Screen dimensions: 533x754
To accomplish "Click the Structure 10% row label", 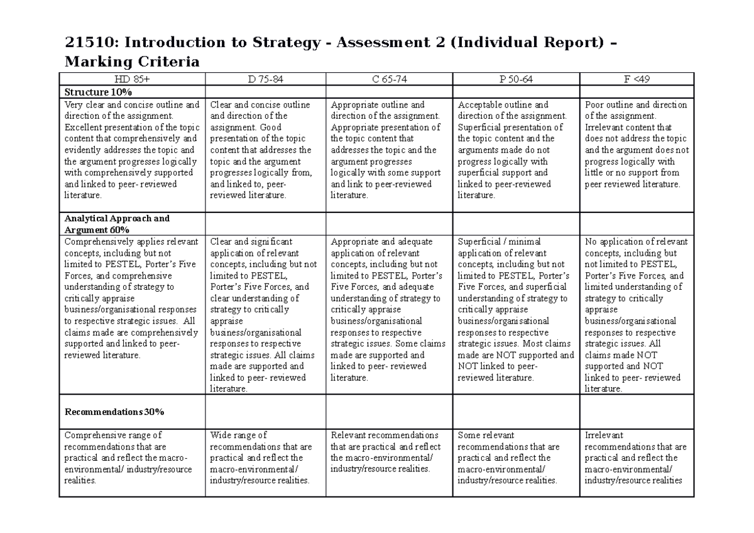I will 98,92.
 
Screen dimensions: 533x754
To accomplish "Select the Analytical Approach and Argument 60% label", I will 117,224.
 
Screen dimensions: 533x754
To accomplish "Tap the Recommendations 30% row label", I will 114,412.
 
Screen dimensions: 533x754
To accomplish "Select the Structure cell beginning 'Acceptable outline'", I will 516,150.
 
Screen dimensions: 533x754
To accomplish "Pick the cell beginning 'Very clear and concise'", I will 132,150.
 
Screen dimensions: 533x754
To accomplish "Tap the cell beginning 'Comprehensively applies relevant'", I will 132,299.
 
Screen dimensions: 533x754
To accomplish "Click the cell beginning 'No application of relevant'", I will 637,315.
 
